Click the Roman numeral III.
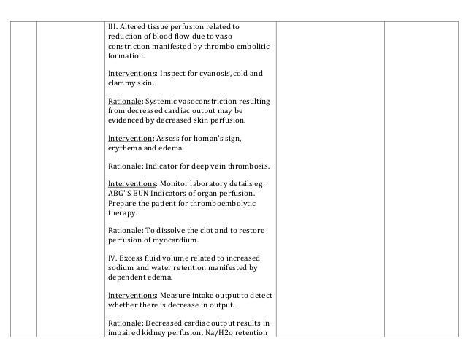point(112,28)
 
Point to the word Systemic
point(163,102)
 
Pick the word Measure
point(175,296)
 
